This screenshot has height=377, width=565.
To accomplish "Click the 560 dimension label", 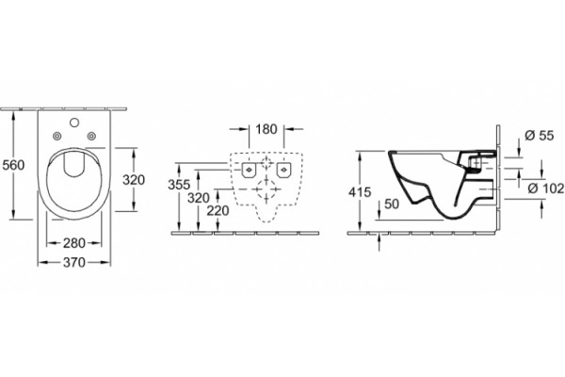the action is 13,165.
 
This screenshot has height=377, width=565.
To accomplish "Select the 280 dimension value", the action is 74,243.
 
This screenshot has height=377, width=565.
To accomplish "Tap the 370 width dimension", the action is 74,262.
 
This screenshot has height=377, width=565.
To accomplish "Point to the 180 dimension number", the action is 266,129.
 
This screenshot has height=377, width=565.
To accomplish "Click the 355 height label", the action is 179,185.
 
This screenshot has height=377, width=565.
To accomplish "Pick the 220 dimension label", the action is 218,211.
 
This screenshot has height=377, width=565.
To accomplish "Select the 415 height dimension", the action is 360,192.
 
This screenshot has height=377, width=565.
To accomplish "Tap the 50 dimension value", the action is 392,204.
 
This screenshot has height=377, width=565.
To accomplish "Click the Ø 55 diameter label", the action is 539,136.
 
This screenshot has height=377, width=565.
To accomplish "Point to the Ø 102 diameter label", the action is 546,188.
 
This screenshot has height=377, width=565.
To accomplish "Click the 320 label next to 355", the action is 199,198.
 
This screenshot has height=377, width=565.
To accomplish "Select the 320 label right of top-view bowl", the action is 134,180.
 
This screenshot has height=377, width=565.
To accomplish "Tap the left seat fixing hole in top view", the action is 56,136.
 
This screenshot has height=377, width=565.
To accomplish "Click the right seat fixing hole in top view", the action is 91,136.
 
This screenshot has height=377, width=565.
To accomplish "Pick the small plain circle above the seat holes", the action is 74,123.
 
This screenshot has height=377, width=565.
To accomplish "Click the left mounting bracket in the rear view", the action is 249,170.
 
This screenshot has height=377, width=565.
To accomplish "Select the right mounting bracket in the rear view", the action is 283,170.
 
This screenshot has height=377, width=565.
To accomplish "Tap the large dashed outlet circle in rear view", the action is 266,189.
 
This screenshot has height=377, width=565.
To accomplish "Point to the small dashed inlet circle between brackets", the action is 266,163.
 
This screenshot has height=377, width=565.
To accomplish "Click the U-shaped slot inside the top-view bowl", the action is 74,164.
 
